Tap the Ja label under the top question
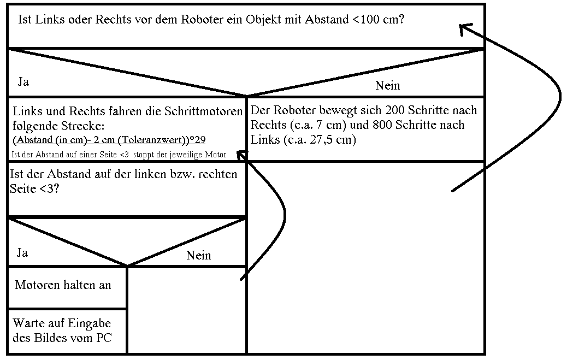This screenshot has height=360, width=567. point(23,82)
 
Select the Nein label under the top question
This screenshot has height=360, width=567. point(388,85)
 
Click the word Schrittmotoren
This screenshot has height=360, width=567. point(203,111)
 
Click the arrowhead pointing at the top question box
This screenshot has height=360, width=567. point(465,28)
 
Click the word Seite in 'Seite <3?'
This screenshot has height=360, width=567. point(23,188)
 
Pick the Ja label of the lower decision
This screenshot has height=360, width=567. point(22,252)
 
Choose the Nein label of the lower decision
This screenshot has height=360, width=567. point(198,256)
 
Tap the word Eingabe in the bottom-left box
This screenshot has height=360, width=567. point(90,323)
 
